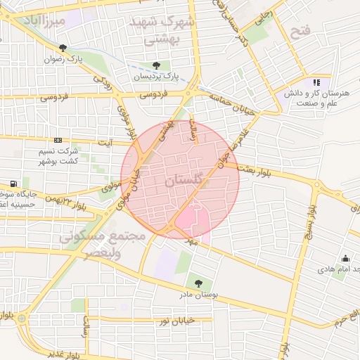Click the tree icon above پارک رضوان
pos(64,48)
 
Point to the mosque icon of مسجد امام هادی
pos(346,259)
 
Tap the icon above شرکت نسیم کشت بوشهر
pos(57,141)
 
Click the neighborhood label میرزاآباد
pos(44,22)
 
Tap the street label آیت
pos(106,143)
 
